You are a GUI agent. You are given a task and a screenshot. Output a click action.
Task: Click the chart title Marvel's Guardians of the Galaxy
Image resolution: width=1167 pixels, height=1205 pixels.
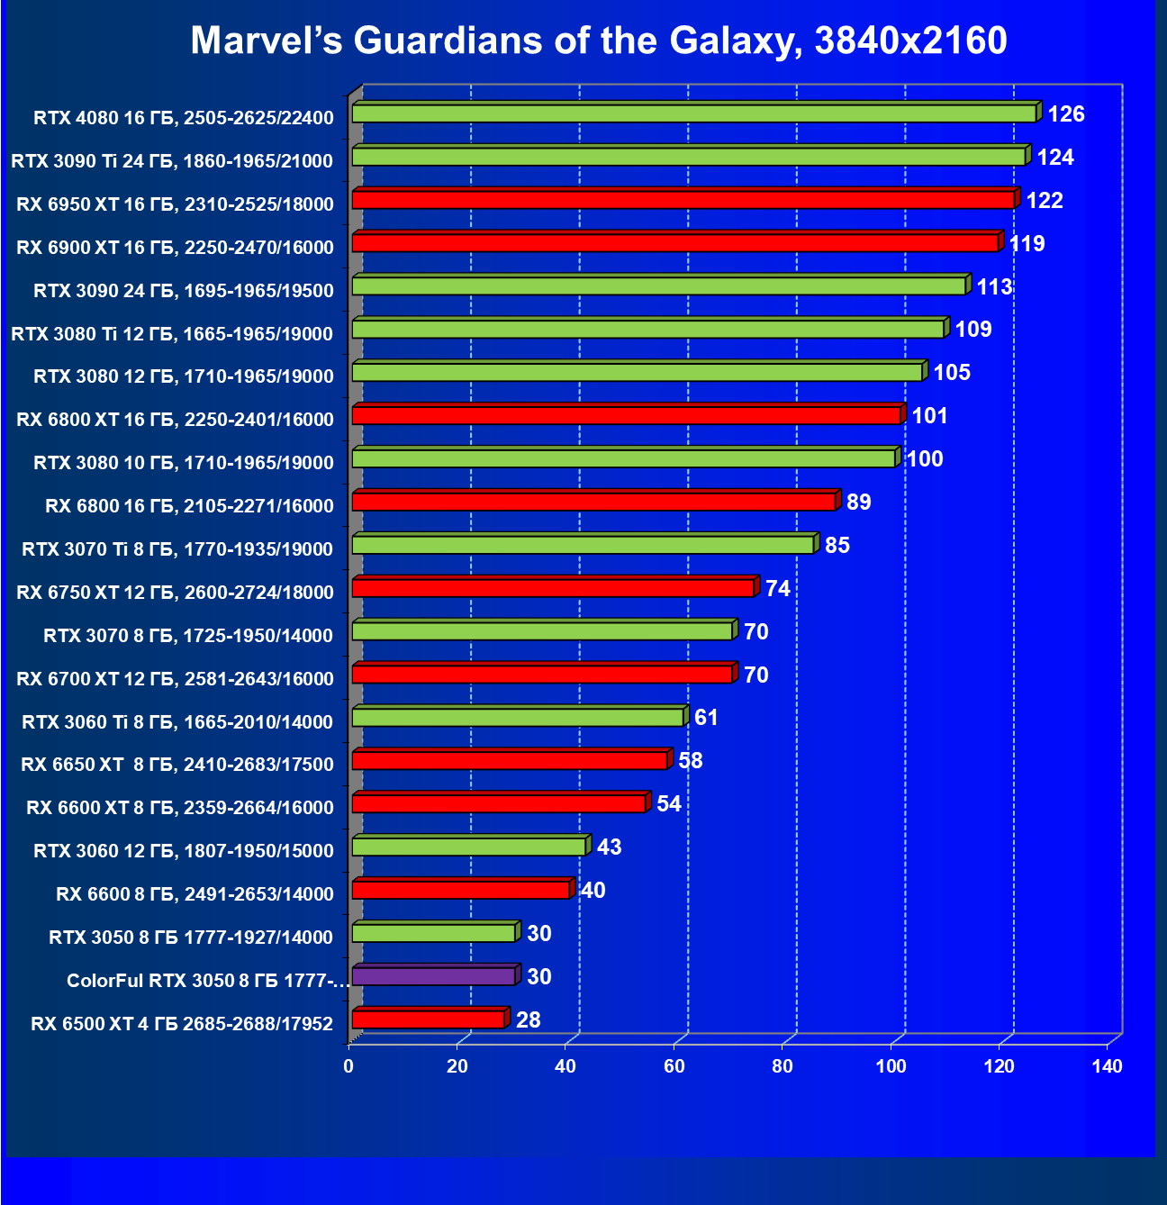pos(598,41)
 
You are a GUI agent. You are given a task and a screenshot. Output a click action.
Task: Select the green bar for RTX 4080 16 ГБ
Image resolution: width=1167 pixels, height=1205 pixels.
pos(693,113)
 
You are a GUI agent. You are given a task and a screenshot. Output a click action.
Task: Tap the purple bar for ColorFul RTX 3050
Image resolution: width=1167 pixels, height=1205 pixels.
pos(433,976)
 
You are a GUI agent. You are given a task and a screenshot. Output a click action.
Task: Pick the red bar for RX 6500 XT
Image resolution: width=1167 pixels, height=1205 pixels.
pos(429,1019)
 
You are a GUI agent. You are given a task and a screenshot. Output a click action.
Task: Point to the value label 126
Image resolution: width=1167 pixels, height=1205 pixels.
pos(1066,114)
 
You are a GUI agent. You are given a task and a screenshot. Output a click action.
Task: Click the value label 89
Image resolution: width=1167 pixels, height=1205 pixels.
pos(859,503)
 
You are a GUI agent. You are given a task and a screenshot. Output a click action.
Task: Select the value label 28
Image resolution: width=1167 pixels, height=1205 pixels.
pos(529,1020)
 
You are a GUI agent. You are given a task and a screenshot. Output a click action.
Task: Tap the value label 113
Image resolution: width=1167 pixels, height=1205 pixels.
pos(994,287)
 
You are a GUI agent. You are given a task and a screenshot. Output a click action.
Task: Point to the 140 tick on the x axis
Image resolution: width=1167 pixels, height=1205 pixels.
pos(1107,1067)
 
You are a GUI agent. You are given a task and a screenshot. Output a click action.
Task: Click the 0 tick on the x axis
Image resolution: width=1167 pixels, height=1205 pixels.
pos(348,1067)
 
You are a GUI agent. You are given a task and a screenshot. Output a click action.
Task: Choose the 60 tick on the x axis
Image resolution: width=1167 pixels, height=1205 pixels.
pos(674,1067)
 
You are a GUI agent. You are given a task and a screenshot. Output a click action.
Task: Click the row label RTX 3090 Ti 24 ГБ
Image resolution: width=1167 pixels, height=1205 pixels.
pos(172,161)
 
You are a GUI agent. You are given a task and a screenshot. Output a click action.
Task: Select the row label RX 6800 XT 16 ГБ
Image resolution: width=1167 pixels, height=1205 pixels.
pos(175,420)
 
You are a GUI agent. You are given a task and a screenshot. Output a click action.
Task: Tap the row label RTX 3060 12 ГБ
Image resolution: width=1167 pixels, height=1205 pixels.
pos(184,851)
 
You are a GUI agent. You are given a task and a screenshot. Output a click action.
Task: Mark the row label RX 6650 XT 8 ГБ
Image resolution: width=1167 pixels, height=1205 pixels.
pos(177,765)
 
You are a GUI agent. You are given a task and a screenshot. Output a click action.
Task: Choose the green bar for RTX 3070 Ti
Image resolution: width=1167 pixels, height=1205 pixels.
pos(583,545)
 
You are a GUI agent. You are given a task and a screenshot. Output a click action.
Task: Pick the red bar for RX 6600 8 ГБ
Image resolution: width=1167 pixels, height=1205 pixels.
pos(460,891)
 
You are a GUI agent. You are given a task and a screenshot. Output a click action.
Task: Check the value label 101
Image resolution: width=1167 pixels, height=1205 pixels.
pos(930,416)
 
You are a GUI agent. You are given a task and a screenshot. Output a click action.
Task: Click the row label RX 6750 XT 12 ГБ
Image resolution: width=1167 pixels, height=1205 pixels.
pos(175,593)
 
